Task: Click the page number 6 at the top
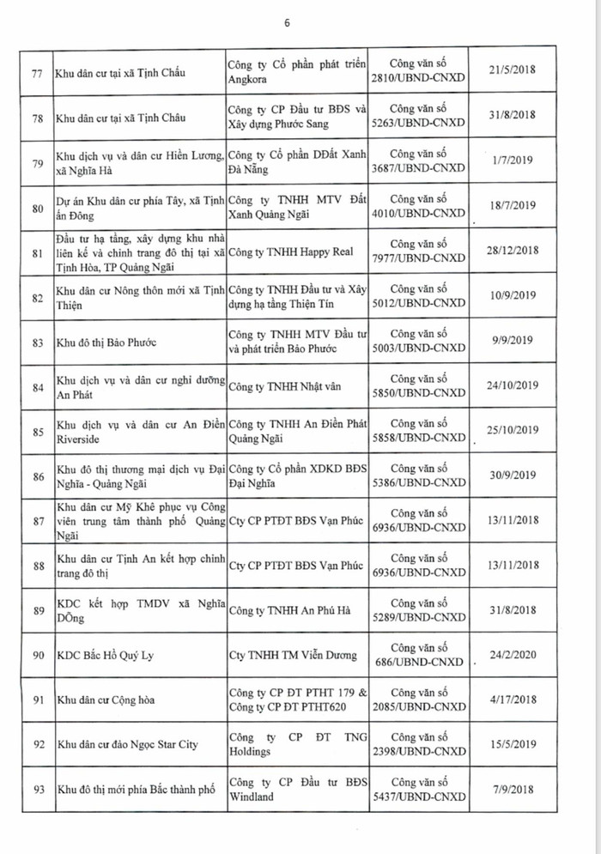tap(287, 22)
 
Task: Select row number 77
tap(36, 72)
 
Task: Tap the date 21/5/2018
tap(511, 71)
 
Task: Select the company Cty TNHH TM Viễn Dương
tap(293, 655)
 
